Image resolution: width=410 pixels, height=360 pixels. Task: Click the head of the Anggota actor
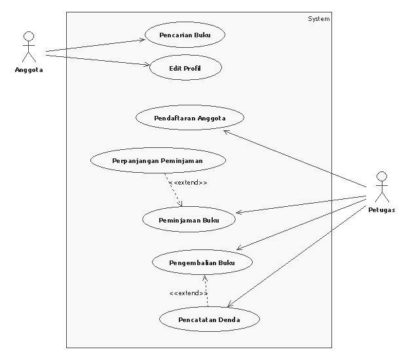[29, 36]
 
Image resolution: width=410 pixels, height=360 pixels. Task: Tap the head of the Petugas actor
[382, 176]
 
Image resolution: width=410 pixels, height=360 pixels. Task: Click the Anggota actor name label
[29, 70]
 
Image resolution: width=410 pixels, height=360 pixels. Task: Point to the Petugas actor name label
[382, 210]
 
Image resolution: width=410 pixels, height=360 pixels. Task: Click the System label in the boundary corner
[319, 19]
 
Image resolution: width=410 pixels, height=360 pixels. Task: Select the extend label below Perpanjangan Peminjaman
[188, 183]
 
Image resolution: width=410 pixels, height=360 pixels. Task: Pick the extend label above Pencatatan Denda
[188, 293]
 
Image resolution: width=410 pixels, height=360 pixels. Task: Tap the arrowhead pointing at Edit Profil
[147, 65]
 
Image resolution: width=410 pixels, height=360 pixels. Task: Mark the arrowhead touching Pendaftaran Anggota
[227, 132]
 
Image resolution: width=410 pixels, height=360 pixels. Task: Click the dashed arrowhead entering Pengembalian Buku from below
[205, 278]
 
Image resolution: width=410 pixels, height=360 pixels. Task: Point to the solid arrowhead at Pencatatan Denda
[230, 304]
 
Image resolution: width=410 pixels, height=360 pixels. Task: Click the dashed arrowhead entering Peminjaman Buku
[180, 204]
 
